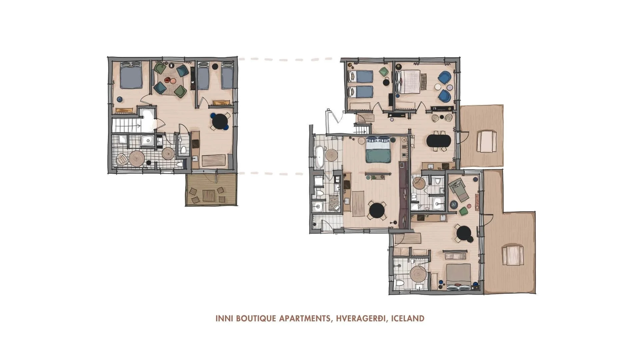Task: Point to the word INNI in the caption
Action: click(224, 318)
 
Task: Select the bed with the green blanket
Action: click(378, 153)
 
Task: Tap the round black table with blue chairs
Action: click(220, 121)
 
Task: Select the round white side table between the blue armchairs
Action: click(438, 87)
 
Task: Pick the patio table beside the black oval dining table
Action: click(486, 142)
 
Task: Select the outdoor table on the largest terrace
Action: click(511, 255)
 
